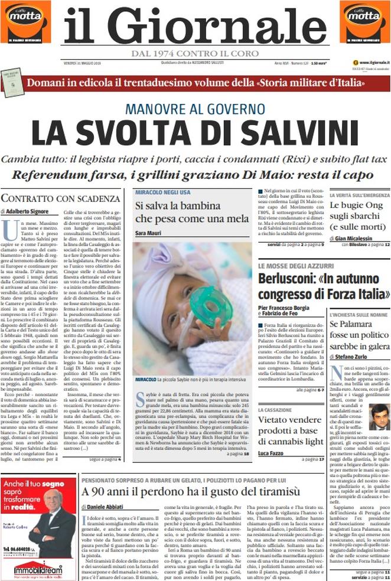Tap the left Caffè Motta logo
[25, 22]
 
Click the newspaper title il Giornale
[195, 27]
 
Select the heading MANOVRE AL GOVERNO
[195, 109]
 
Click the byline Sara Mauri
[148, 234]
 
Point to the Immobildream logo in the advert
[38, 569]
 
